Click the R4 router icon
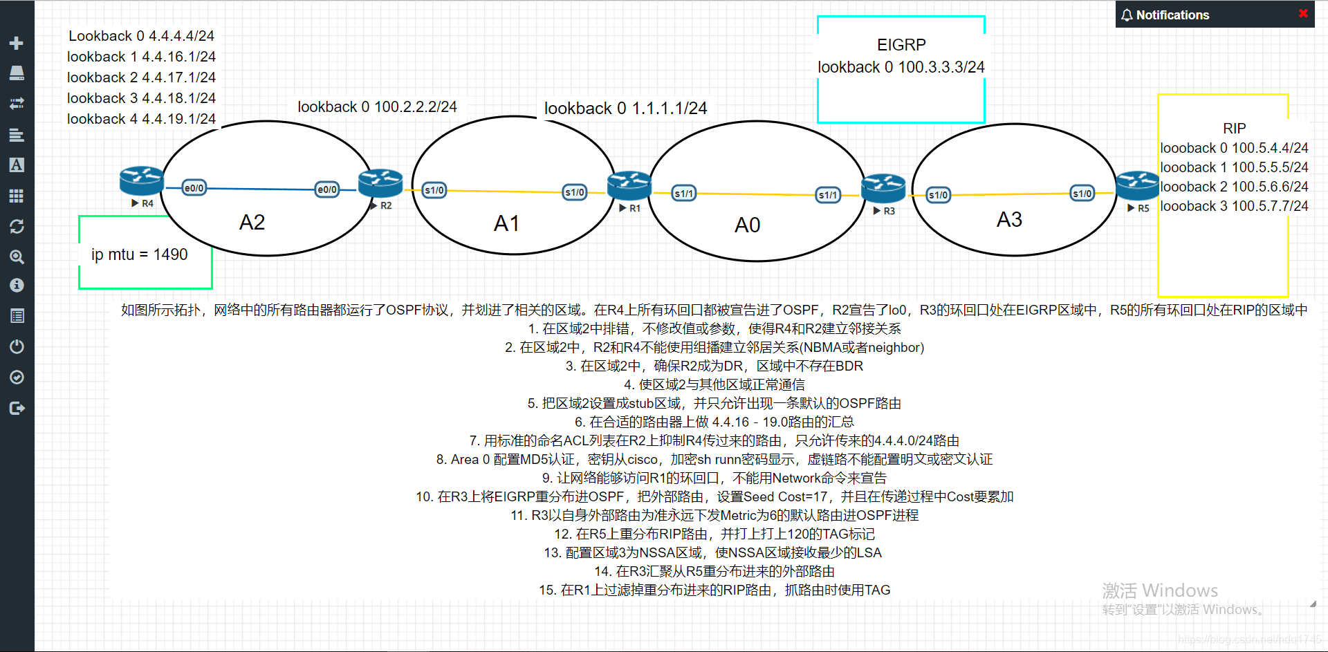tap(141, 180)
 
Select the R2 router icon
tap(380, 183)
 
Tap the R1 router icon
tap(629, 185)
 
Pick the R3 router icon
tap(883, 188)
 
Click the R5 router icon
tap(1137, 185)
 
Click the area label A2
tap(252, 223)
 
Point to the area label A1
tap(506, 223)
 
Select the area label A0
tap(747, 225)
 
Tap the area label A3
tap(1009, 220)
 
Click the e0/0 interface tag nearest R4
tap(194, 188)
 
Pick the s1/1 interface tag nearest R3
tap(828, 195)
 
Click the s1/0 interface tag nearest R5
tap(1082, 194)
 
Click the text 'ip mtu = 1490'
tap(139, 254)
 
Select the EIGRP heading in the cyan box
tap(901, 45)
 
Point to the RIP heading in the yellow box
tap(1234, 129)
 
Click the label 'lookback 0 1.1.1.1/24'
tap(625, 109)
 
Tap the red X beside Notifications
tap(1303, 14)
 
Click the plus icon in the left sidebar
tap(17, 43)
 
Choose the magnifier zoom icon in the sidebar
tap(17, 257)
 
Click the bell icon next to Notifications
tap(1127, 15)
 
